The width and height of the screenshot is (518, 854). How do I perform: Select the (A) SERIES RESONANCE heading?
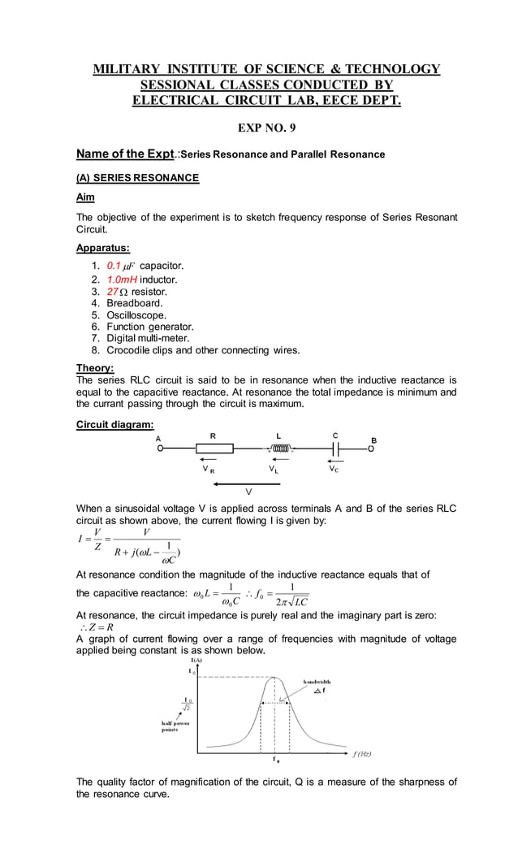(137, 177)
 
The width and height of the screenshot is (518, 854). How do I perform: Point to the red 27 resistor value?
(113, 291)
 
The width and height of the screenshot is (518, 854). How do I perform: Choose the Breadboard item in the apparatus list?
(135, 303)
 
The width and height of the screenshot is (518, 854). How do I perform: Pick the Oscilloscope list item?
(136, 314)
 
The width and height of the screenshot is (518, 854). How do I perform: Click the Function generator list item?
(149, 327)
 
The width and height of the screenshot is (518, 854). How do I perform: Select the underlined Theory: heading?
(95, 367)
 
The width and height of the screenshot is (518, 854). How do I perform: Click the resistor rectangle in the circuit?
(214, 448)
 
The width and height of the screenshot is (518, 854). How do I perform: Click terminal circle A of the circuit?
(161, 448)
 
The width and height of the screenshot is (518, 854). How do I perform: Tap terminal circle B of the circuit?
(371, 448)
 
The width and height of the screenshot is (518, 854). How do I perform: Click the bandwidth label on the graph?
(322, 681)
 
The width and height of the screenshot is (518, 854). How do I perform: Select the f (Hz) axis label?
(360, 753)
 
